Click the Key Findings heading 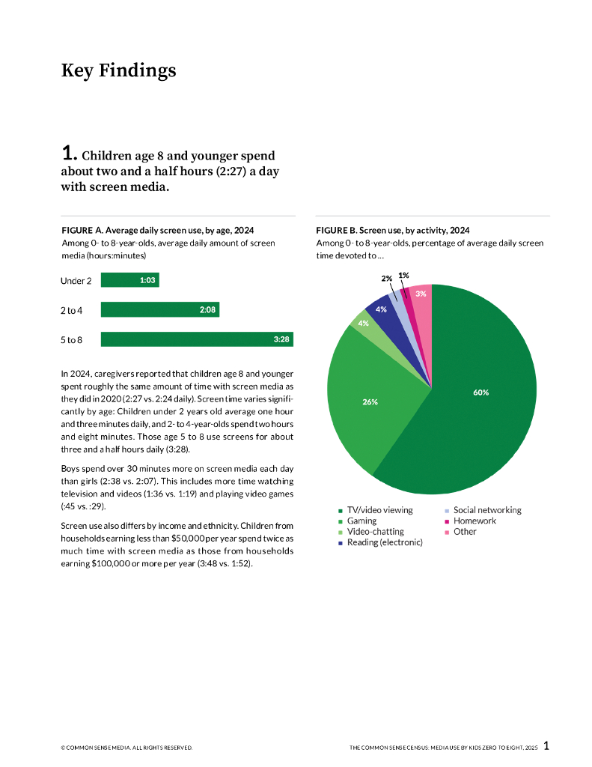click(118, 70)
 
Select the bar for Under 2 click(129, 280)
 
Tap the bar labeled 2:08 click(159, 309)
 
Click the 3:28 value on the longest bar click(281, 339)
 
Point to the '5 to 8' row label click(72, 340)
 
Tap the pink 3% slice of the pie click(421, 300)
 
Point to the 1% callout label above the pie click(403, 275)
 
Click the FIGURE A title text click(162, 230)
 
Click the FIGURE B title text click(392, 230)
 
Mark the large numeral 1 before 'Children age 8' click(68, 154)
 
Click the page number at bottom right click(546, 745)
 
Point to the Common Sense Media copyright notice click(126, 748)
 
